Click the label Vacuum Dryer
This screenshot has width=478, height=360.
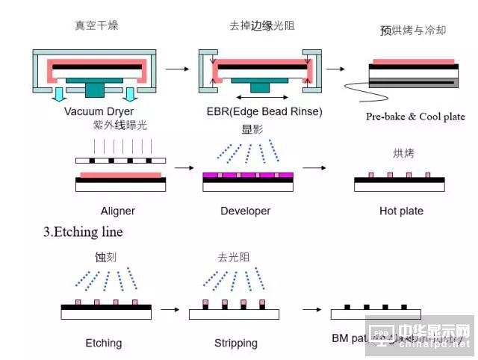[99, 112]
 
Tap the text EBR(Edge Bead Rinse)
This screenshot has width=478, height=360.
[264, 112]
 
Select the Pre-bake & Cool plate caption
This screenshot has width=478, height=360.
[415, 117]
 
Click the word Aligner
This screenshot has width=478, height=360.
[118, 211]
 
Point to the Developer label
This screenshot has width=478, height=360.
[246, 211]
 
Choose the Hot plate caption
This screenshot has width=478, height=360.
[401, 211]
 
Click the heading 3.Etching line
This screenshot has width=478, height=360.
[83, 232]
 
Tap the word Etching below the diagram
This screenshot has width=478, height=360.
[103, 344]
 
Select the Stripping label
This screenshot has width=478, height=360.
[236, 344]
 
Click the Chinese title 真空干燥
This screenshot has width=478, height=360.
[96, 25]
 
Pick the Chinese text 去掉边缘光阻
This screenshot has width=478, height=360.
[261, 25]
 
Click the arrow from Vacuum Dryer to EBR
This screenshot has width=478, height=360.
[177, 69]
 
